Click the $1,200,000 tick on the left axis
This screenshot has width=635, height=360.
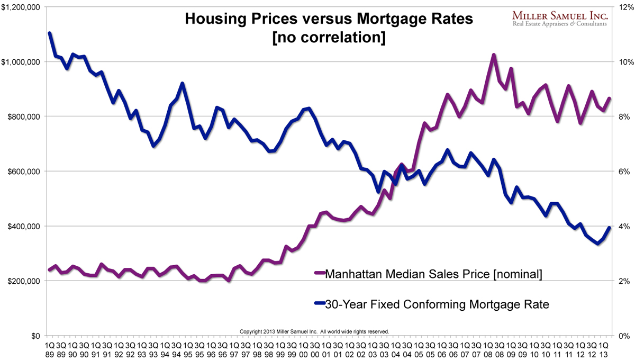[22, 7]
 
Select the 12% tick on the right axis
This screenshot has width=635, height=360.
[621, 7]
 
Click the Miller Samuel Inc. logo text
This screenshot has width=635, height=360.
[560, 17]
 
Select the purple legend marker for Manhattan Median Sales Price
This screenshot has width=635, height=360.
[319, 274]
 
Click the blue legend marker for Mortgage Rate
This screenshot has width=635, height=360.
[319, 304]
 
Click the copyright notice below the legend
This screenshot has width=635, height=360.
[314, 331]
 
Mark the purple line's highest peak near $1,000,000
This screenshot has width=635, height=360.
[493, 55]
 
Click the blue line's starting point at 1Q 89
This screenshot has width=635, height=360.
[50, 33]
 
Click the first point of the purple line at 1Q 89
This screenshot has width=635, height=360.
[50, 270]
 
